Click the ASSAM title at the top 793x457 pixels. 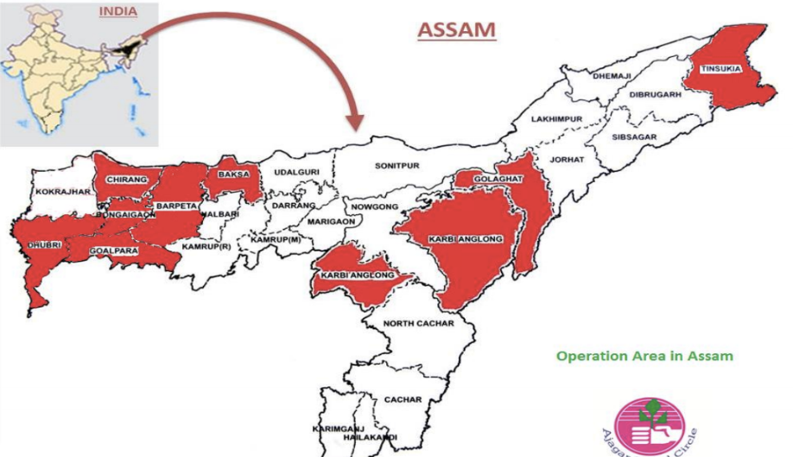coord(457,29)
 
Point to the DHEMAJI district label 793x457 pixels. coord(612,76)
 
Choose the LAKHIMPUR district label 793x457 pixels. coord(557,117)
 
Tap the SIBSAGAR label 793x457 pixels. coord(633,136)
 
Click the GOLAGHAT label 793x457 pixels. coord(492,179)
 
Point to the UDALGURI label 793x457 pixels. coord(291,173)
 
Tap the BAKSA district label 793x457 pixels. coord(233,175)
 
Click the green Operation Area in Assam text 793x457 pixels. coord(644,355)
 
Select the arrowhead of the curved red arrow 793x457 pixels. coord(355,124)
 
